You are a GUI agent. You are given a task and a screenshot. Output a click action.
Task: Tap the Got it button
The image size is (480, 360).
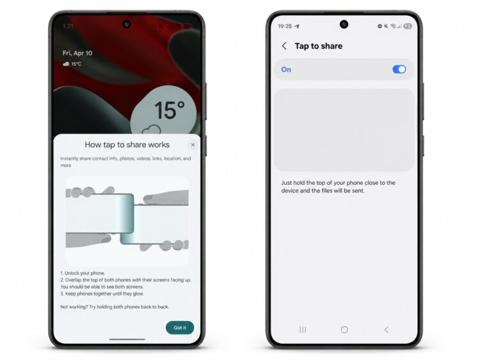180,327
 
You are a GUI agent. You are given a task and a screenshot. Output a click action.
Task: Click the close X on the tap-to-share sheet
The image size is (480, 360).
193,145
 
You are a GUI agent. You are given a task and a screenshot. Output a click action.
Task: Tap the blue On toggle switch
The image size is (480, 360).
399,70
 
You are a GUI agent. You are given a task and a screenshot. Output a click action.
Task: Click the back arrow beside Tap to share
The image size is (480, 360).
284,46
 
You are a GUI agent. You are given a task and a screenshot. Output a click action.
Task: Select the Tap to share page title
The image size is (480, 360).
318,46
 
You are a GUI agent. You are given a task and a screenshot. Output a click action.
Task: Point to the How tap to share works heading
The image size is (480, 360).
127,145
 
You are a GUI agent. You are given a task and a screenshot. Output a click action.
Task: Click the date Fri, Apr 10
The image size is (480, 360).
77,53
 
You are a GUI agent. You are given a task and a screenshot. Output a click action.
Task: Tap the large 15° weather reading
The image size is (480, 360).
170,110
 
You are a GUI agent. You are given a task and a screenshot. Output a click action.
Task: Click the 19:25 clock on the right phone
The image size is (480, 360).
285,26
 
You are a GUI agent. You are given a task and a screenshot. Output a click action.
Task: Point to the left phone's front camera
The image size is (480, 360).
127,24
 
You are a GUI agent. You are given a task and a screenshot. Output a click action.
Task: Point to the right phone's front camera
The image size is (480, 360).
344,24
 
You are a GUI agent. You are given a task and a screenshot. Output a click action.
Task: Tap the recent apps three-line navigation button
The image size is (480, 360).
303,329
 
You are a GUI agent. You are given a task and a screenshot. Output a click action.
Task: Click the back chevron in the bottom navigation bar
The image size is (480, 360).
387,329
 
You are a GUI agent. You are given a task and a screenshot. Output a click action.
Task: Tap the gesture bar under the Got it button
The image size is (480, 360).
127,339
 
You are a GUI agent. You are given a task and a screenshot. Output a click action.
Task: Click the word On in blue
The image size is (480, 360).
286,70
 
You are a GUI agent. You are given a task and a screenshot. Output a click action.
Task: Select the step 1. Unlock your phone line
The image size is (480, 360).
83,273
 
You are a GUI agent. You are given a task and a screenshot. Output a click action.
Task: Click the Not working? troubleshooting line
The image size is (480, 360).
115,307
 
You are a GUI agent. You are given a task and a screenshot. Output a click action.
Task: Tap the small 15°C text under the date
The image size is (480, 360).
77,64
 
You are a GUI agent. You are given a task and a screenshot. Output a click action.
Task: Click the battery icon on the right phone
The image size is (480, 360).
408,26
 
